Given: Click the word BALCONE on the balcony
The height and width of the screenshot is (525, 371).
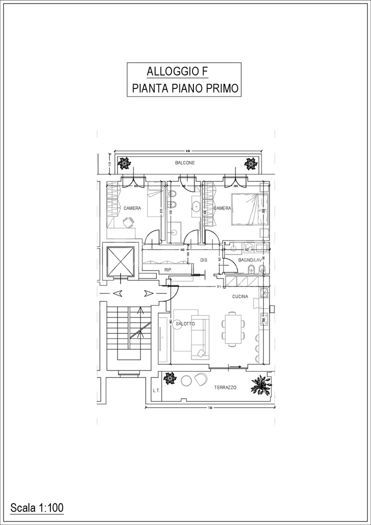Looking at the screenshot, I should (184, 163).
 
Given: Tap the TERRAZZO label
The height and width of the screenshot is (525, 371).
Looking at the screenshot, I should (225, 388).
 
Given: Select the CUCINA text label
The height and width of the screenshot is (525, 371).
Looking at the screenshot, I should (240, 296).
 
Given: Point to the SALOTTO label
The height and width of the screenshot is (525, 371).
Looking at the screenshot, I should (185, 324).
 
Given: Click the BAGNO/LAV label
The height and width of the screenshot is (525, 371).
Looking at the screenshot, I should (250, 260).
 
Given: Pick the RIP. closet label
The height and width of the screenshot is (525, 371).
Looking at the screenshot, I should (168, 270).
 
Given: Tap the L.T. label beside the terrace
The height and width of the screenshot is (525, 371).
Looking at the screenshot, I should (156, 390).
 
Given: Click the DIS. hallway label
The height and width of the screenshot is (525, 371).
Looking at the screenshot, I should (204, 260).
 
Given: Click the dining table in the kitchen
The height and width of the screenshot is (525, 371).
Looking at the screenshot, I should (232, 328).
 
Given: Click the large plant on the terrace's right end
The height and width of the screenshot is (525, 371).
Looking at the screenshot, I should (261, 384).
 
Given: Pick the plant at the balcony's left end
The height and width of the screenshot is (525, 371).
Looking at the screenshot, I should (123, 163).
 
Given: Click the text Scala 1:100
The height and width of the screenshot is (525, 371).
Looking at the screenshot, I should (36, 508).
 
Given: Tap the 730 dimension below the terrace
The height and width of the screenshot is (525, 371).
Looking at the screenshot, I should (210, 408).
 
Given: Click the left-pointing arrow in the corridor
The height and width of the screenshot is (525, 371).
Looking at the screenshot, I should (119, 293).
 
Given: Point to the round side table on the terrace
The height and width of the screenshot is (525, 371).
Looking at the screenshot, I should (186, 380).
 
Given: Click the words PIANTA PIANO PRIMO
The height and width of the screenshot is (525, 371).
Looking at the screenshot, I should (184, 88).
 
